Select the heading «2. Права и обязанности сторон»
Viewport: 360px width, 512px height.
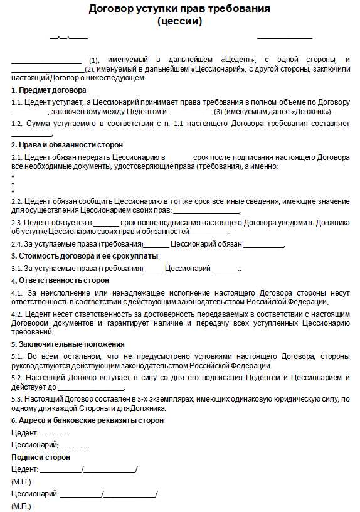click(x=67, y=145)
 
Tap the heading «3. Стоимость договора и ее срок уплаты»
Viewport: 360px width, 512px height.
click(x=85, y=256)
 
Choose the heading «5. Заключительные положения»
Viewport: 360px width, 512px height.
click(x=68, y=344)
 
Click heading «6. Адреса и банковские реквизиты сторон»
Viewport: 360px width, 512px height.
click(x=87, y=420)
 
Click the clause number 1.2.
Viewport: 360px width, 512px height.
click(x=17, y=124)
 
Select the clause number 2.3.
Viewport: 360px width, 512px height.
click(x=17, y=223)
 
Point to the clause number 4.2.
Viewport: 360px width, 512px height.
click(x=18, y=314)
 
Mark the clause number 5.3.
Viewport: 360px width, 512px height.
click(x=18, y=399)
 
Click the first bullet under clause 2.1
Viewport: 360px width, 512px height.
click(x=13, y=176)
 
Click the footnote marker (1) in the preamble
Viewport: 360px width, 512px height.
click(x=94, y=60)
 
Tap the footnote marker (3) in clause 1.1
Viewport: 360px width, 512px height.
click(x=218, y=112)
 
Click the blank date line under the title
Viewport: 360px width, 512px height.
click(x=69, y=38)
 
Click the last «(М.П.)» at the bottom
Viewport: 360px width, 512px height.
click(x=21, y=506)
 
